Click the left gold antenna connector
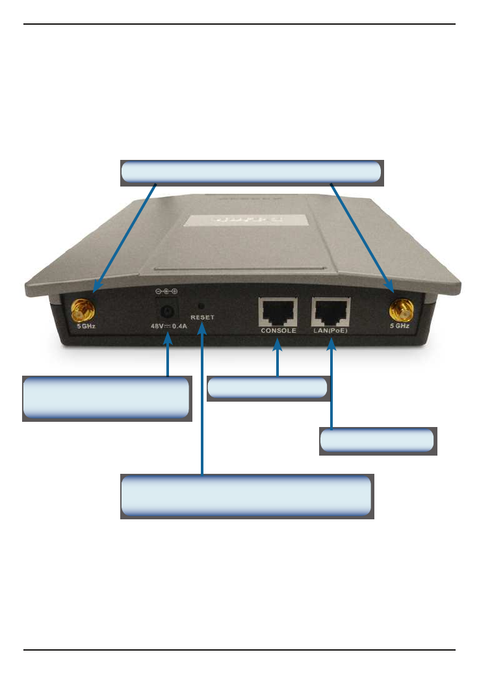click(81, 311)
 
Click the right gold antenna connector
click(398, 311)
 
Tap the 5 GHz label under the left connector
click(86, 326)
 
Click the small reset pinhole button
click(201, 305)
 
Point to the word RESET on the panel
click(202, 318)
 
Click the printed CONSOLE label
click(278, 330)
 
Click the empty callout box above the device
click(252, 172)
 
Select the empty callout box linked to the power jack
click(107, 398)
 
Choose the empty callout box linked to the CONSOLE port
click(268, 388)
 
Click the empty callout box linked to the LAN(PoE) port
click(378, 441)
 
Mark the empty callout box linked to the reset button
click(246, 496)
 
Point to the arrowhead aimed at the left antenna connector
click(97, 287)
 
